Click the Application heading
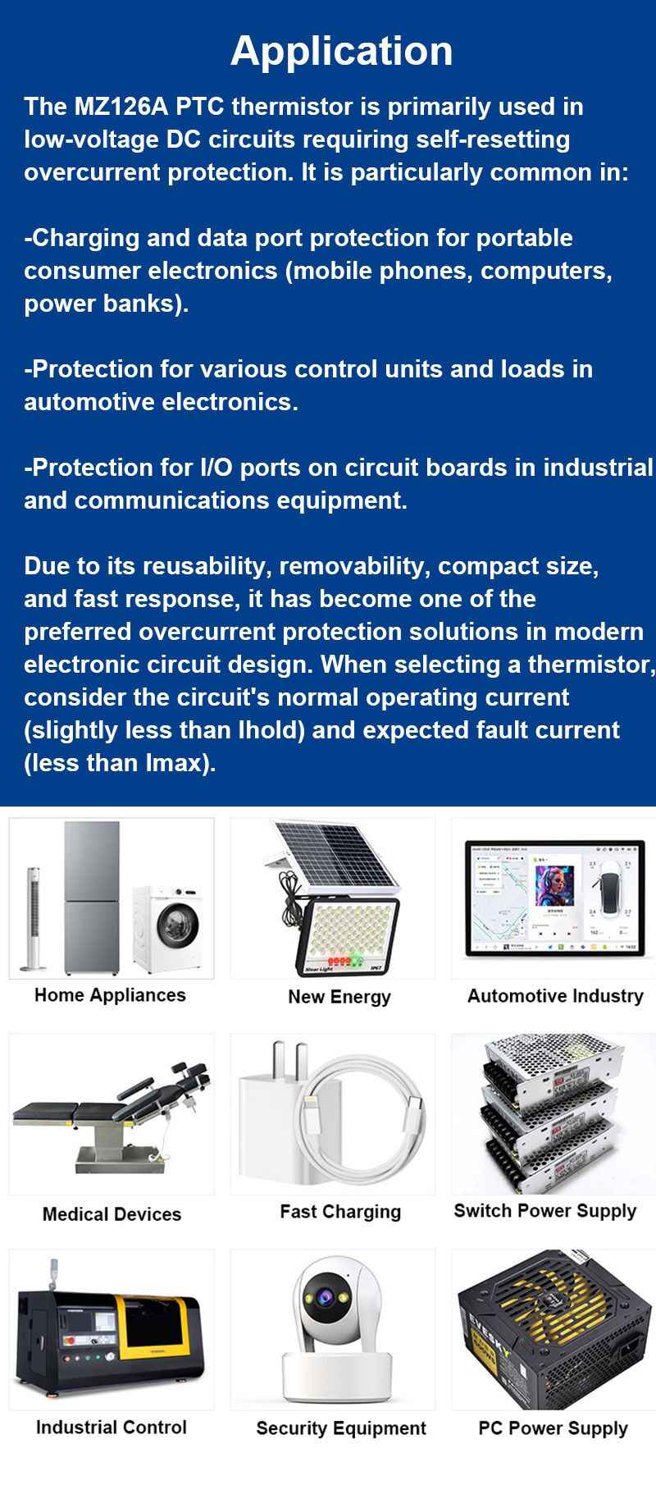[x=341, y=51]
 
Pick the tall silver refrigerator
[x=92, y=898]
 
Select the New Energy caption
[x=339, y=997]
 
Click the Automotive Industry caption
[x=555, y=996]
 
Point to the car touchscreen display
[x=553, y=899]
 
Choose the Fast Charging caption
[x=340, y=1212]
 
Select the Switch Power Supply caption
[x=545, y=1211]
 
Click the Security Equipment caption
[x=341, y=1428]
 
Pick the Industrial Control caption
[x=112, y=1427]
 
